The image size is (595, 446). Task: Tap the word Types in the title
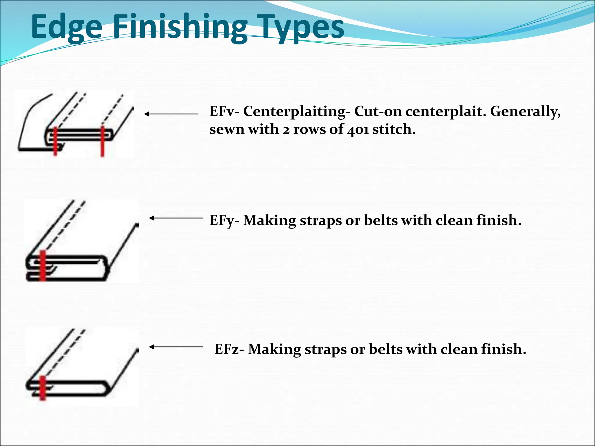coord(299,27)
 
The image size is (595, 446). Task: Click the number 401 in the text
coord(358,130)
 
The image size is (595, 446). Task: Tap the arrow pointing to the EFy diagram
coord(176,218)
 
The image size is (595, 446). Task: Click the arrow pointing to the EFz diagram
coord(176,347)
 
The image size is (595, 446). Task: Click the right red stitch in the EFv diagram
coord(102,141)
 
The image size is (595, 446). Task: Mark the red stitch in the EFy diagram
coord(43,265)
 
